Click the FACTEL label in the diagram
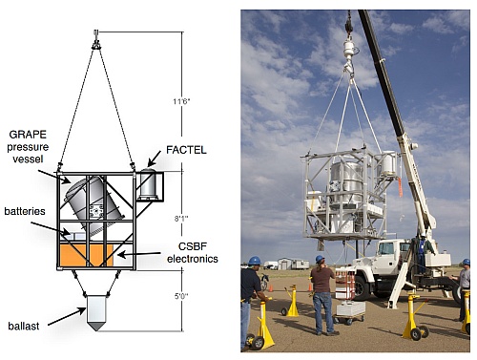coord(186,150)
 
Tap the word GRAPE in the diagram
coord(28,135)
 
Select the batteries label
coord(25,211)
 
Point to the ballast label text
coord(24,326)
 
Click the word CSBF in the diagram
coord(192,246)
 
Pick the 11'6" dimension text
coord(181,101)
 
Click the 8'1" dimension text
coord(181,219)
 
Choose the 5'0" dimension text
coord(181,296)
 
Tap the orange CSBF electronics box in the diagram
coord(86,255)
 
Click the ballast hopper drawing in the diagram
coord(96,313)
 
